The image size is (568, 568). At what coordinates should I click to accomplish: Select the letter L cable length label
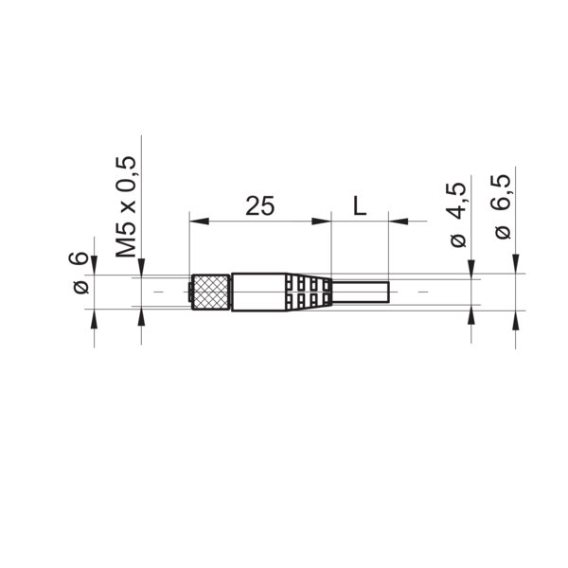pos(360,205)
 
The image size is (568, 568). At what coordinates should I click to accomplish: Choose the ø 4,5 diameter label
pos(458,215)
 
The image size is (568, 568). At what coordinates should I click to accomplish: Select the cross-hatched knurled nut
pos(210,293)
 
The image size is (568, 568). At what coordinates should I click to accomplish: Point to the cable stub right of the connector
pos(360,293)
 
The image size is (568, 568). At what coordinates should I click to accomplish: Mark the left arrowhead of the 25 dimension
pos(197,222)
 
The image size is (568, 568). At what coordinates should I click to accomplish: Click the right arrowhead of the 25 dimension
pos(324,222)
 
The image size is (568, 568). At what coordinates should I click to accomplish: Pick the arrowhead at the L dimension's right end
pos(397,222)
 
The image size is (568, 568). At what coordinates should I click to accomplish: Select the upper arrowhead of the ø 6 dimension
pos(94,268)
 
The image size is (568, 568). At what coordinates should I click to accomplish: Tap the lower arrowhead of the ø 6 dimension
pos(94,316)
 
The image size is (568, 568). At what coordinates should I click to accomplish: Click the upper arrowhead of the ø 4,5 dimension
pos(471,272)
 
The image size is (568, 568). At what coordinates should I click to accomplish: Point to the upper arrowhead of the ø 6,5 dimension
pos(516,266)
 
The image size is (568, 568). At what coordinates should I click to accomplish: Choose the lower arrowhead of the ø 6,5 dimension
pos(516,319)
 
